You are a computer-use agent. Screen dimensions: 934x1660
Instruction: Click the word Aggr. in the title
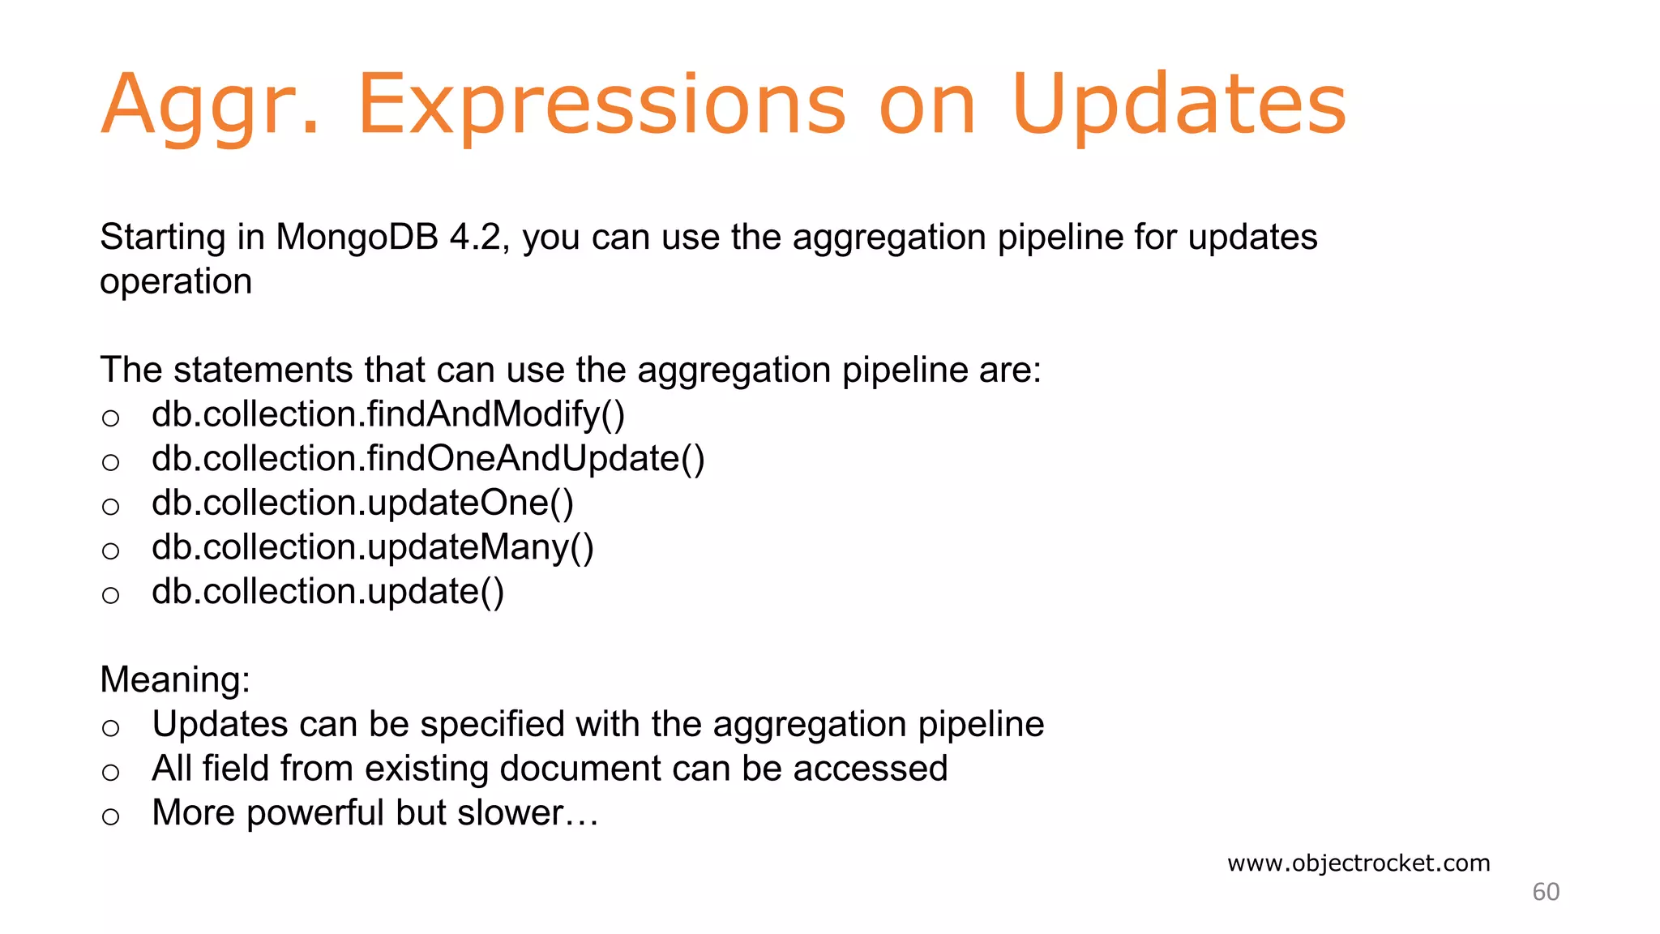pyautogui.click(x=209, y=105)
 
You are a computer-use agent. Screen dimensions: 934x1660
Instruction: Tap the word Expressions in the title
pyautogui.click(x=601, y=105)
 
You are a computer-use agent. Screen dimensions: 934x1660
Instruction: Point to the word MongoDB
pyautogui.click(x=357, y=238)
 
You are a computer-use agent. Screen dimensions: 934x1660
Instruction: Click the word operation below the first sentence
pyautogui.click(x=176, y=282)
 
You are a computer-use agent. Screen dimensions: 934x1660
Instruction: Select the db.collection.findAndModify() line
pyautogui.click(x=388, y=414)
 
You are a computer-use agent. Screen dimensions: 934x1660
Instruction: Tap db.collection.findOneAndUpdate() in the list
pyautogui.click(x=428, y=459)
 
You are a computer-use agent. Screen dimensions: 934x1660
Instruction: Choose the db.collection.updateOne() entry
pyautogui.click(x=362, y=503)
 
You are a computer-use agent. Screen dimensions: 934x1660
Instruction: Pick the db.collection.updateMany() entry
pyautogui.click(x=373, y=548)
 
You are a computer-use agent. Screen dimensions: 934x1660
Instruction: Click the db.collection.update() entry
pyautogui.click(x=327, y=592)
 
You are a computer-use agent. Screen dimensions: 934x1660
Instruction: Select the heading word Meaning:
pyautogui.click(x=175, y=679)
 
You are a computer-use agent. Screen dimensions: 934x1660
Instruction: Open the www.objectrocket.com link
pyautogui.click(x=1358, y=863)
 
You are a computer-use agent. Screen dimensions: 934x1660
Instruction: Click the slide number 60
pyautogui.click(x=1545, y=892)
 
